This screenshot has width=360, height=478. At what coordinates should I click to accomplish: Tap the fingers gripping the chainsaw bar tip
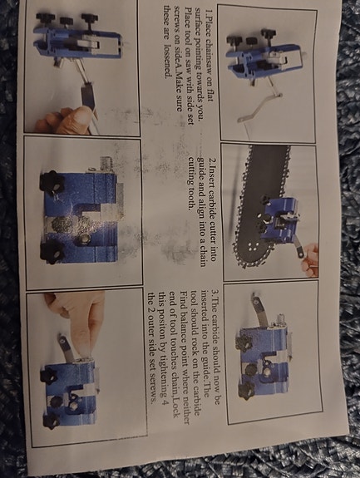click(x=310, y=258)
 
